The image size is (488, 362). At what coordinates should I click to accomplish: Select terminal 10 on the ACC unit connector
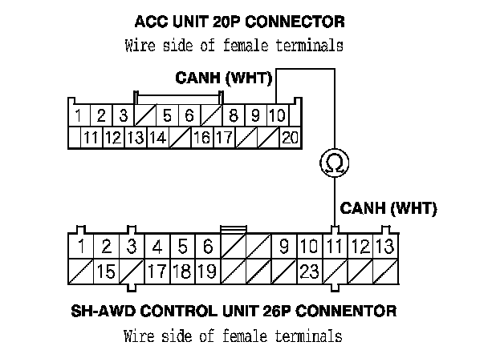coord(277,117)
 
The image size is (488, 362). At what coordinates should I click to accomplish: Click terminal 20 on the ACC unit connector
coord(290,137)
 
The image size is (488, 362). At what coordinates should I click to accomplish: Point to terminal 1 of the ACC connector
coord(78,117)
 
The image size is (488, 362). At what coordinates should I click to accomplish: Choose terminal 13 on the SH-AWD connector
coord(385,245)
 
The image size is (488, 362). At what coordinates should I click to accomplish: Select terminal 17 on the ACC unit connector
coord(224,137)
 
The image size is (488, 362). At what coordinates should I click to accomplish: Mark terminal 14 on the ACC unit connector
coord(157,137)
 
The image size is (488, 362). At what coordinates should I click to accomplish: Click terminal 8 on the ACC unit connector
coord(233,117)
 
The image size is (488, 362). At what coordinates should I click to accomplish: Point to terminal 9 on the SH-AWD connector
coord(284,245)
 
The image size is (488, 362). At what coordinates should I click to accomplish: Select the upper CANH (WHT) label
coord(224,80)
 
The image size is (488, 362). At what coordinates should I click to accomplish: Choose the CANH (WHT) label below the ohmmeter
coord(388,209)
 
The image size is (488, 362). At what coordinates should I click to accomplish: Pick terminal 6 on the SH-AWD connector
coord(208,245)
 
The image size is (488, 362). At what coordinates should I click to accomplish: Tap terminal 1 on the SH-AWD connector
coord(81,245)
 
